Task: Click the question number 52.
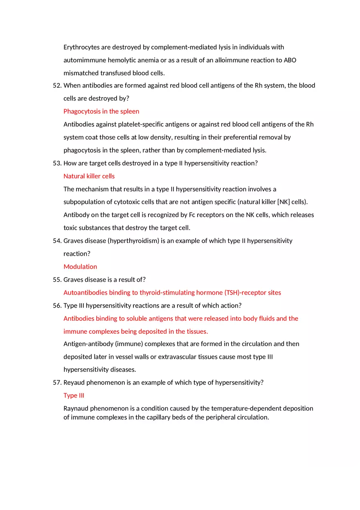(x=57, y=85)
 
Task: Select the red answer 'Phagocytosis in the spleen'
(x=101, y=111)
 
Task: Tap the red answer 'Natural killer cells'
(x=89, y=176)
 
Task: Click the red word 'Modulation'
(x=80, y=267)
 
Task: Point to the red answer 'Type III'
(x=74, y=395)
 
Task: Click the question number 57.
(x=57, y=382)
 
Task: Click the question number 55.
(x=57, y=280)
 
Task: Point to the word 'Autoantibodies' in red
(x=85, y=292)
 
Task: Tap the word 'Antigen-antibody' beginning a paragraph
(x=88, y=344)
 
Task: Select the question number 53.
(x=57, y=163)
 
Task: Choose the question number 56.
(x=57, y=306)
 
